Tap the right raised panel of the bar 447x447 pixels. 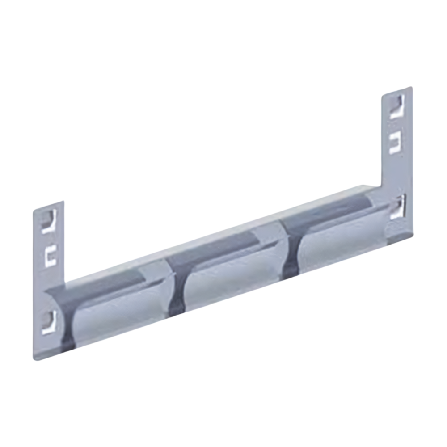pos(340,244)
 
